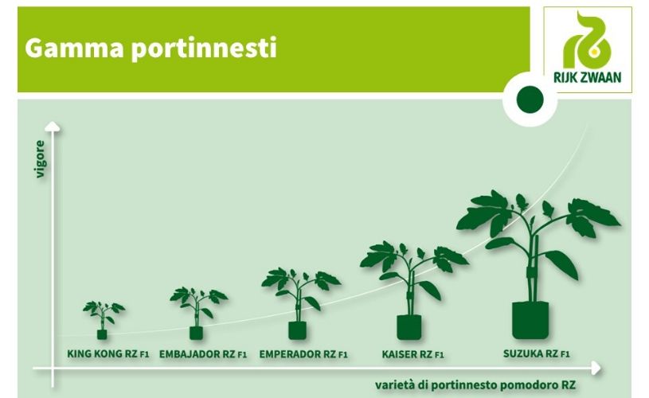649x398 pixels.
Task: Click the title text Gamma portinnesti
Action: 151,49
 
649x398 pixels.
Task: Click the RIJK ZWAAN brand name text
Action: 588,77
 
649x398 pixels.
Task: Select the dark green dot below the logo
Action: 530,100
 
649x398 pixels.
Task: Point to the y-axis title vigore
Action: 40,159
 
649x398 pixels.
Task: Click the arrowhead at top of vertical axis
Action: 52,127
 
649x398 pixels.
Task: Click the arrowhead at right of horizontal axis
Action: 596,368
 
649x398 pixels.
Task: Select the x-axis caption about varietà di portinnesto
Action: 475,384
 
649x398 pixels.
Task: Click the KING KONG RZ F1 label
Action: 108,353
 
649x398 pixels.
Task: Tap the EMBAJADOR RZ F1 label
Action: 203,354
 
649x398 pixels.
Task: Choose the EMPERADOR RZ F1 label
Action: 303,354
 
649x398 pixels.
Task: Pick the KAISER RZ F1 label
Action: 412,354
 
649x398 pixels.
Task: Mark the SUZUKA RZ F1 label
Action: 537,353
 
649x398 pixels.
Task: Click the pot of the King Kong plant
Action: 102,334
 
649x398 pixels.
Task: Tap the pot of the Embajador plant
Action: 196,333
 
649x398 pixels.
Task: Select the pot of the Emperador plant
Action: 297,330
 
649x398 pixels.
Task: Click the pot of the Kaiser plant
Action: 409,327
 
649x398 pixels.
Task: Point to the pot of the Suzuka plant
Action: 530,320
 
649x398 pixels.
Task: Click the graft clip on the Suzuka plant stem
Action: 530,273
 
